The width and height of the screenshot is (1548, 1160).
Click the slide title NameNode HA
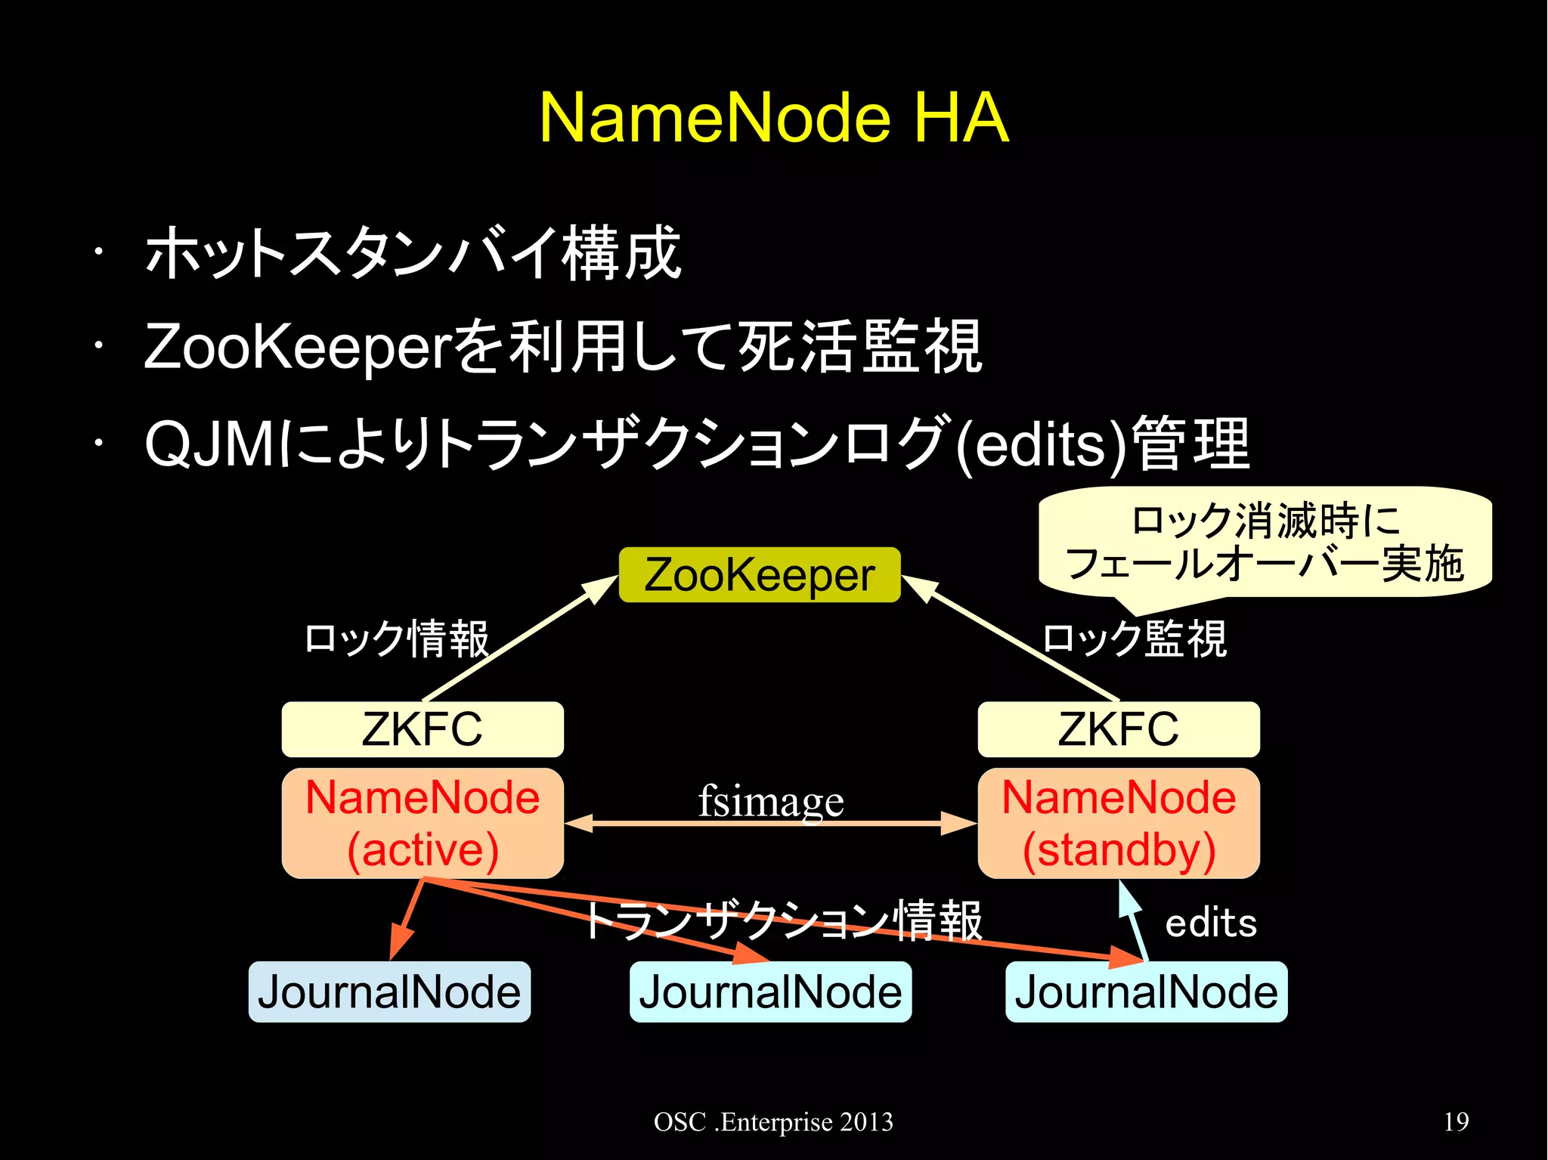(773, 119)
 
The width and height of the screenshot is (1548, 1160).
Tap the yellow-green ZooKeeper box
(760, 575)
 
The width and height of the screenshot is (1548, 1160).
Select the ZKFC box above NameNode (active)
(423, 729)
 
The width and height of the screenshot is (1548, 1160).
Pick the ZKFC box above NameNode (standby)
(1119, 729)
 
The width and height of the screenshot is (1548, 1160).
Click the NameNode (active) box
(423, 824)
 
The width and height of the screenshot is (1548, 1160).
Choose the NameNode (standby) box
(1119, 824)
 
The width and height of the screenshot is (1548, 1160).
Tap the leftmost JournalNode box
(389, 992)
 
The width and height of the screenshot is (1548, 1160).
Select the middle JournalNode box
(770, 992)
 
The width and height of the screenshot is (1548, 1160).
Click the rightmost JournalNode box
(1146, 992)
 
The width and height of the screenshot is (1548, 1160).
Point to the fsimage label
(770, 801)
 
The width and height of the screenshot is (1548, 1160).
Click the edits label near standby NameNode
(1211, 923)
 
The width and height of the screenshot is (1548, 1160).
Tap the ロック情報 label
(396, 639)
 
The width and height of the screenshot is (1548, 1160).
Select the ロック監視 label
(1134, 639)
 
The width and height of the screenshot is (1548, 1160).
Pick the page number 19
(1456, 1121)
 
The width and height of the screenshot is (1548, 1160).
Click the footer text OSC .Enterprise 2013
(773, 1122)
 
